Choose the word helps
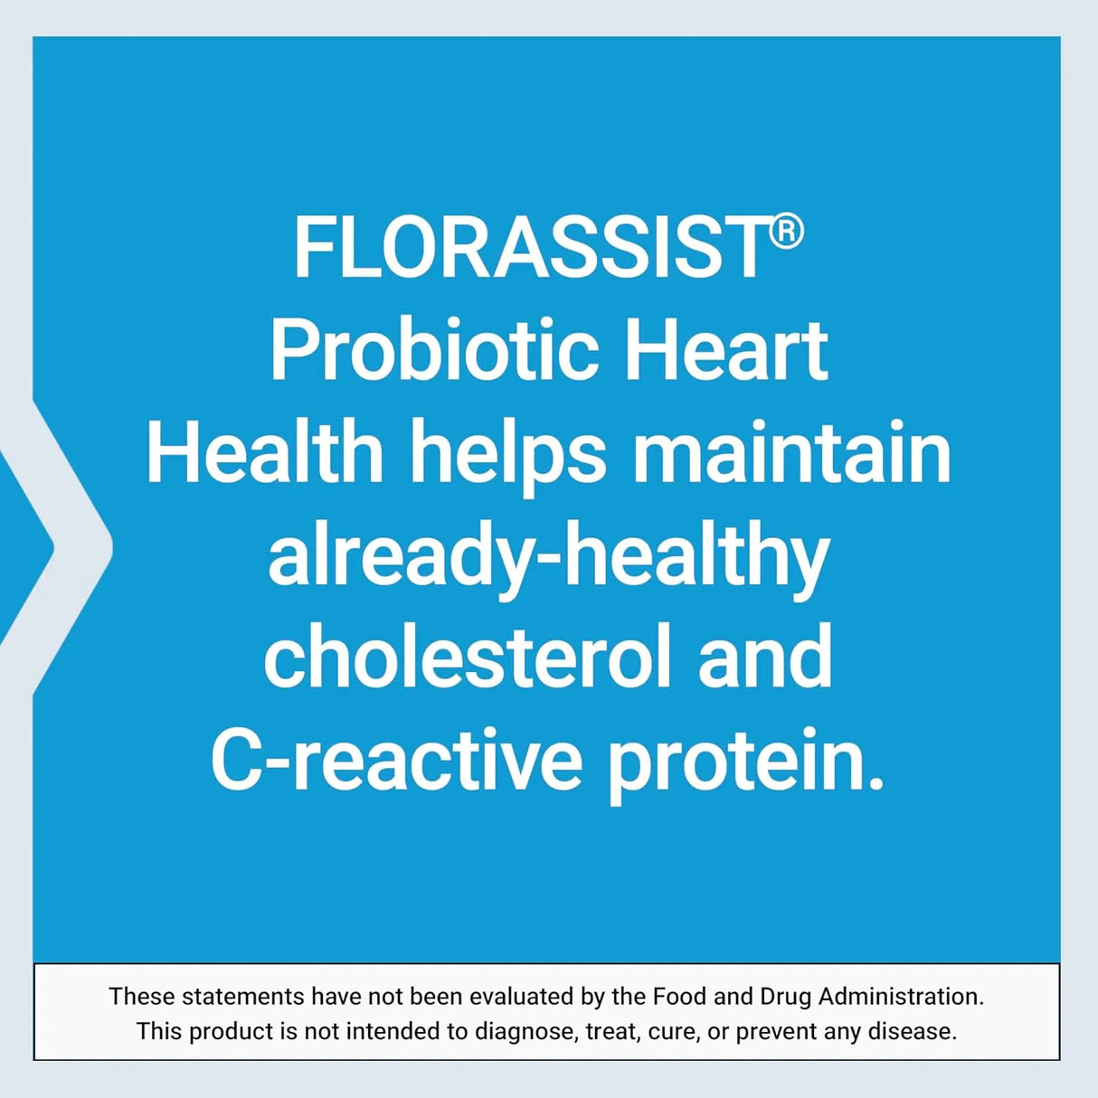tap(508, 454)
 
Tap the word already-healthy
tap(549, 555)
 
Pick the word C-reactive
tap(396, 760)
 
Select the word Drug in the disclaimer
tap(786, 997)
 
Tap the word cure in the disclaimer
tap(672, 1032)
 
